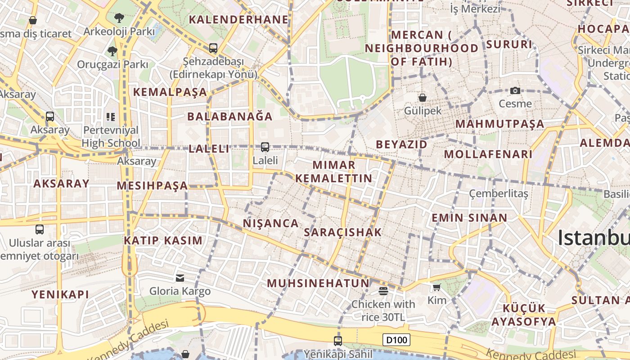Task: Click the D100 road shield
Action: coord(396,340)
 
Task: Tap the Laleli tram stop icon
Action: coord(265,147)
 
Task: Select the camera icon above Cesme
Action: coord(515,90)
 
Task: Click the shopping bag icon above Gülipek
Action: coord(422,97)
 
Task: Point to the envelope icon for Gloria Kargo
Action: coord(180,278)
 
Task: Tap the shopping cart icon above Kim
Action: coord(436,287)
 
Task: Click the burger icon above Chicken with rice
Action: coord(383,291)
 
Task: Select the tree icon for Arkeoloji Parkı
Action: coord(119,18)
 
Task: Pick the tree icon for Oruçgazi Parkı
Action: coord(112,51)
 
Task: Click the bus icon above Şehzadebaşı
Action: coord(213,48)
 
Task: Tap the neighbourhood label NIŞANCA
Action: coord(271,223)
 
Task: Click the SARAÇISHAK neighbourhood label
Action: coord(343,232)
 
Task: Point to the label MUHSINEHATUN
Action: coord(318,283)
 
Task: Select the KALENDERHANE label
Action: coord(238,19)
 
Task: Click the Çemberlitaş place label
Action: coord(499,193)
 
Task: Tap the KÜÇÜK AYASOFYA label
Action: coord(524,315)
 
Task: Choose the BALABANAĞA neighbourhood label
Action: coord(230,117)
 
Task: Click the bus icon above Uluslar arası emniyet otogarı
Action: coord(40,229)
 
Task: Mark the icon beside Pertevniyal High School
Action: coord(111,117)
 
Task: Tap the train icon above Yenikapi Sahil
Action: coord(338,341)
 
